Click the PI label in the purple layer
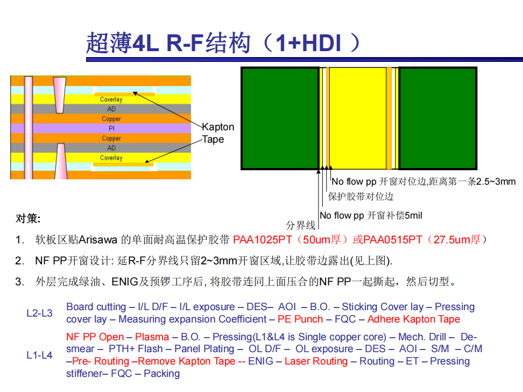click(x=111, y=129)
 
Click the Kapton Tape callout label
click(x=218, y=133)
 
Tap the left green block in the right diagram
click(x=280, y=118)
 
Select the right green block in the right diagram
click(x=437, y=118)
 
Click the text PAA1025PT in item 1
click(x=263, y=240)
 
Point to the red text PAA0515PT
click(x=393, y=240)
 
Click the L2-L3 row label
click(x=39, y=313)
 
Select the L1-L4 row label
click(x=39, y=355)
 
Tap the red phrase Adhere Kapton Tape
click(x=414, y=319)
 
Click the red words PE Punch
click(x=300, y=319)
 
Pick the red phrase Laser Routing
click(x=316, y=361)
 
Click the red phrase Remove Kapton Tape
click(x=187, y=361)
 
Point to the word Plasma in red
click(x=152, y=337)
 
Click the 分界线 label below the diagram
click(x=300, y=226)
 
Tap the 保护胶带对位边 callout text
click(x=361, y=197)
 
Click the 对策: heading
click(x=28, y=219)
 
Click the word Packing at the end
click(x=162, y=374)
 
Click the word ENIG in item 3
click(x=124, y=282)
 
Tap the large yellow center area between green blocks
click(x=358, y=118)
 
